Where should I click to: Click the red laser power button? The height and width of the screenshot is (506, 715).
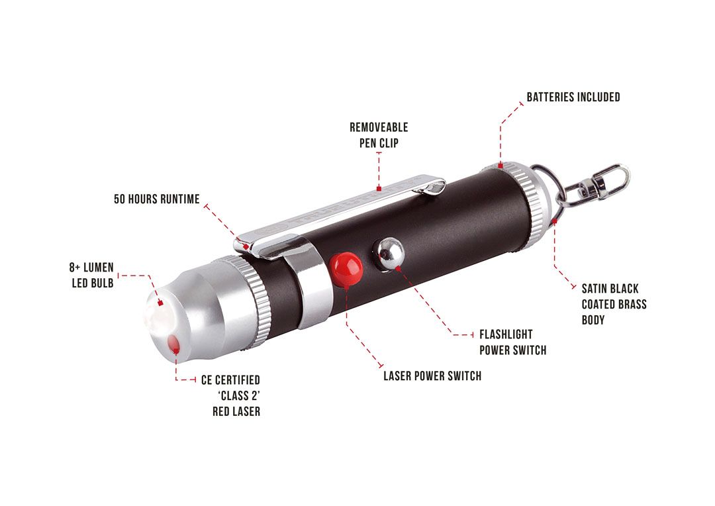tap(346, 269)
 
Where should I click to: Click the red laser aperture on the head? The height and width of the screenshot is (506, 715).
tap(173, 344)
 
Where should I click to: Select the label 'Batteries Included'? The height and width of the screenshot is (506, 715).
tap(573, 97)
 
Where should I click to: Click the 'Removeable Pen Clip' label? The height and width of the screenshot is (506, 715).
tap(379, 135)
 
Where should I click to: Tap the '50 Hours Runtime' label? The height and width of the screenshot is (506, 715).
tap(156, 199)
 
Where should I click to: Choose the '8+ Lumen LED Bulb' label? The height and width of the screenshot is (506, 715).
tap(91, 275)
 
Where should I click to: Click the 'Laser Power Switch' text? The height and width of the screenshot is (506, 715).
tap(432, 376)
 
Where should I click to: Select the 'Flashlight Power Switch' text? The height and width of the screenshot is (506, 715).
tap(512, 342)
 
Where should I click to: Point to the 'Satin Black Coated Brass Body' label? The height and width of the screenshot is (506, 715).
tap(614, 304)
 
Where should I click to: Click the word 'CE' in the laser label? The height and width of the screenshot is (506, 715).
tap(207, 380)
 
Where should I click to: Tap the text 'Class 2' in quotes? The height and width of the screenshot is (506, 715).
tap(239, 395)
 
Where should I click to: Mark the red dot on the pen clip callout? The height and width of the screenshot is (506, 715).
tap(379, 188)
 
